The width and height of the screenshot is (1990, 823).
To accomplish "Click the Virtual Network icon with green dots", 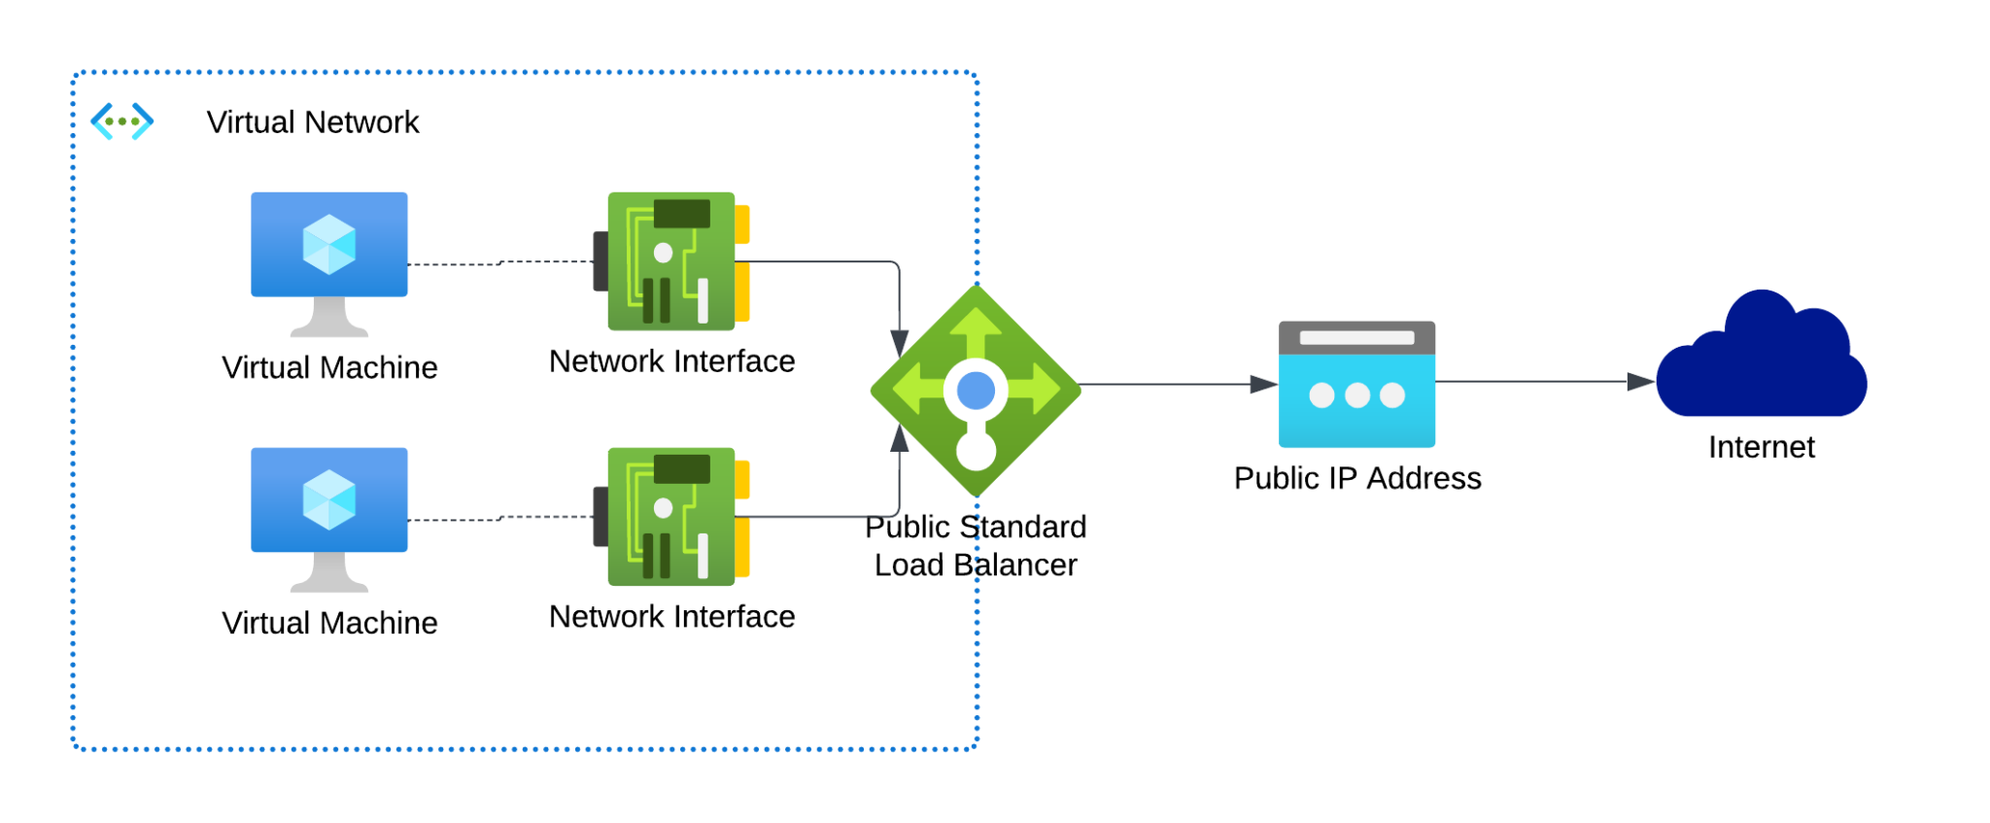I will coord(122,121).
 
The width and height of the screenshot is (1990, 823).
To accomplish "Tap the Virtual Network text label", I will coord(312,122).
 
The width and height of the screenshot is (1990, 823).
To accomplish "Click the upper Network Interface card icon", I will coord(670,260).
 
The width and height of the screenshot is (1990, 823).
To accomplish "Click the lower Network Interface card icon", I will coord(670,516).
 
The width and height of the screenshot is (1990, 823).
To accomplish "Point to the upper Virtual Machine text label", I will coord(329,367).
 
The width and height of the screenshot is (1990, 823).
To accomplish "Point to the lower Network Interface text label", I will coord(671,616).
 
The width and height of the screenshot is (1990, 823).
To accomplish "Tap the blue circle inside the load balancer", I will coord(976,391).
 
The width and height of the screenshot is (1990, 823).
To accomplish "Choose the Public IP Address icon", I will coord(1356,384).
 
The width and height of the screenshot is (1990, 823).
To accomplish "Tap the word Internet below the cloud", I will coord(1761,447).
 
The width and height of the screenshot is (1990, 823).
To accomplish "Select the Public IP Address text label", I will coord(1356,478).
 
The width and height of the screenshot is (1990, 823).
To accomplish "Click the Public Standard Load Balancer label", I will coord(976,546).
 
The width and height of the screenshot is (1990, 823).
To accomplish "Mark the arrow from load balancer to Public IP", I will coord(1176,385).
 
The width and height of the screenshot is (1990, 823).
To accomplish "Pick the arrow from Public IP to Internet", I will coord(1545,382).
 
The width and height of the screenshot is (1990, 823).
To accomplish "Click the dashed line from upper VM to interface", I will coord(500,262).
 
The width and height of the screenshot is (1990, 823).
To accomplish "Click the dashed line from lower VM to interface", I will coord(500,519).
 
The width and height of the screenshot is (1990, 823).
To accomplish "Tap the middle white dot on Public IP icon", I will coord(1356,395).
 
